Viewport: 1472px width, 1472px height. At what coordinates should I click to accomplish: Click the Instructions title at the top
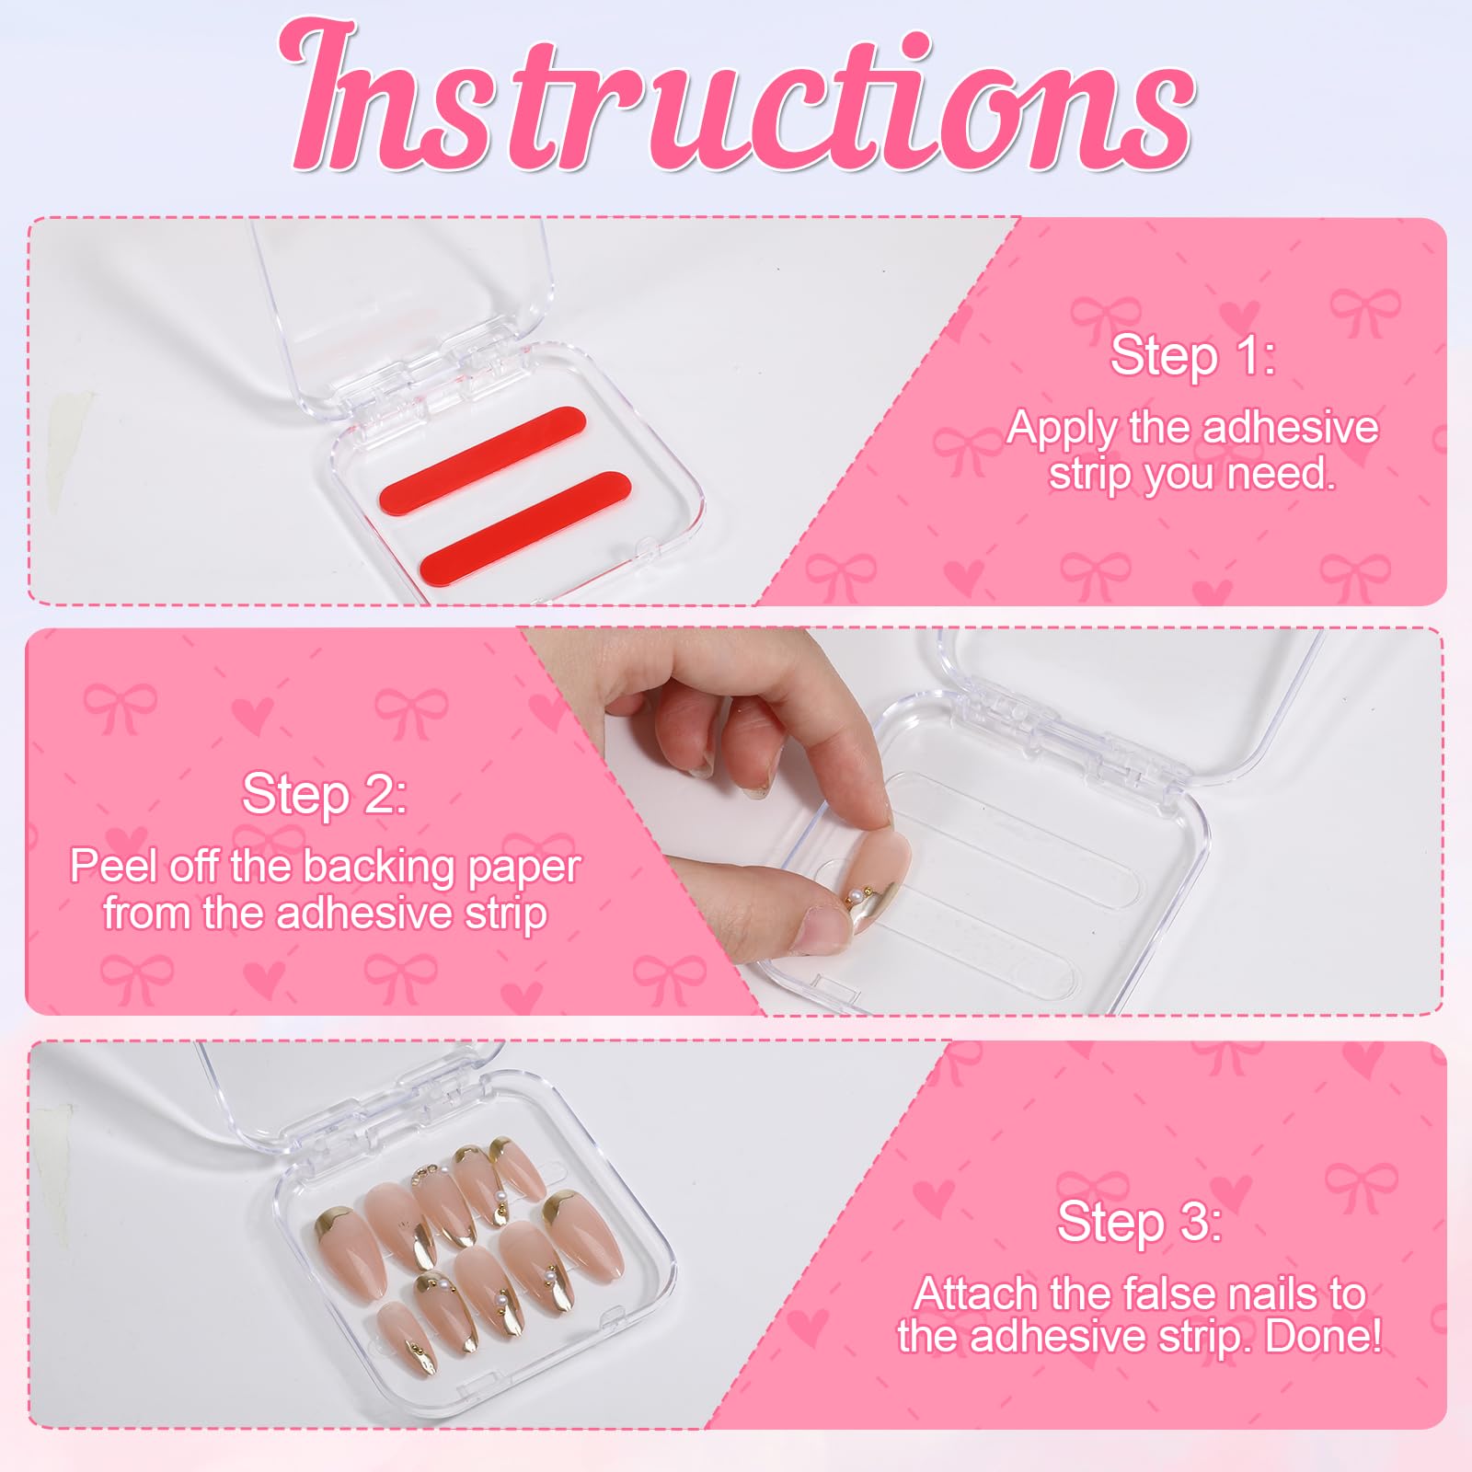pos(736,97)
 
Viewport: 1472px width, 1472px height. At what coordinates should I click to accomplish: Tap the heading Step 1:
pos(1193,355)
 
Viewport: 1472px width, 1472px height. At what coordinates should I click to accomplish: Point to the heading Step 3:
pos(1140,1221)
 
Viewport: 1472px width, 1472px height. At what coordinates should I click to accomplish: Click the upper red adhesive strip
pos(483,450)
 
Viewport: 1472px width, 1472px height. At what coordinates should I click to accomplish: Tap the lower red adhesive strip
pos(525,516)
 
